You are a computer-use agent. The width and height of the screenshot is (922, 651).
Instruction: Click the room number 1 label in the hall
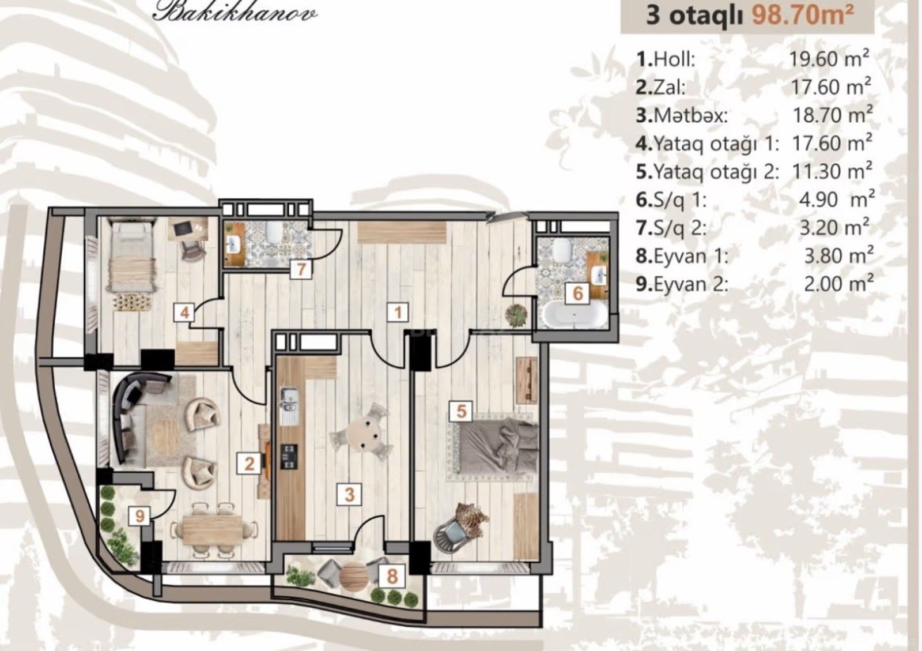(398, 313)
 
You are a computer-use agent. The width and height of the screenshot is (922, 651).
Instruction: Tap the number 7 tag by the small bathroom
(301, 270)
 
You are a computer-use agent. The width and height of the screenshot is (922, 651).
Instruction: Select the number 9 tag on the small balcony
(139, 516)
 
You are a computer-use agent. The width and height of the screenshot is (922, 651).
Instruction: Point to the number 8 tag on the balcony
(392, 577)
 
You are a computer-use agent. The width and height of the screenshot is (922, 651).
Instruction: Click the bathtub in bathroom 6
(575, 315)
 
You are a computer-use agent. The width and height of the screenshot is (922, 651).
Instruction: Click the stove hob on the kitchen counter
(289, 456)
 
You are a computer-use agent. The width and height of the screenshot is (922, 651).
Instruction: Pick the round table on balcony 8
(353, 575)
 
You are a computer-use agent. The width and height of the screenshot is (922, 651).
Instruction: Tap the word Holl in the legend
(674, 60)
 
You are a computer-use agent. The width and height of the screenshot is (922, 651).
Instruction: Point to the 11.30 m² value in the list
(832, 171)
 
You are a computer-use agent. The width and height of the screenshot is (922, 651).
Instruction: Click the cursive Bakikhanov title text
(235, 13)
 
